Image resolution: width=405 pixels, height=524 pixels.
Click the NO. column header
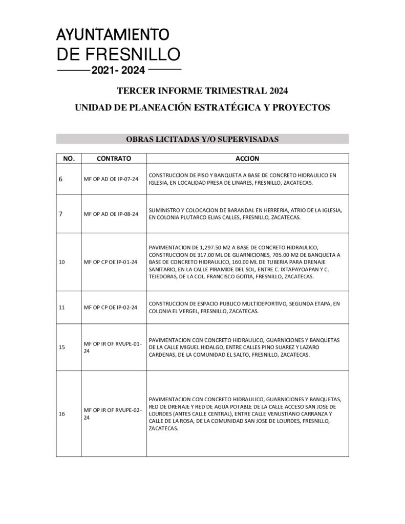click(x=69, y=158)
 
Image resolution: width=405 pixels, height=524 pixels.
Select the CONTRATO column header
click(x=114, y=158)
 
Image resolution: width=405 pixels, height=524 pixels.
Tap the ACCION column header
click(x=247, y=158)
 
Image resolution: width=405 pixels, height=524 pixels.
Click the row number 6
click(x=61, y=179)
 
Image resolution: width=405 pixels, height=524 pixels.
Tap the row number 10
click(x=62, y=262)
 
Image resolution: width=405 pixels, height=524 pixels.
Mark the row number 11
click(x=62, y=308)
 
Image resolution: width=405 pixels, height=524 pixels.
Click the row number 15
click(x=62, y=347)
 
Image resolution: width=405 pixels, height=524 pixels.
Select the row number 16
click(x=62, y=413)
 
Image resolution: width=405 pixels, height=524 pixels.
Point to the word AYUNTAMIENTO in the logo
click(x=113, y=35)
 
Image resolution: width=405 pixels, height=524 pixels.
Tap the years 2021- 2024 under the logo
click(x=118, y=70)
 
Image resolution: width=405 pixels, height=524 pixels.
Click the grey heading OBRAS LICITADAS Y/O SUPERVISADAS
click(x=202, y=139)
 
